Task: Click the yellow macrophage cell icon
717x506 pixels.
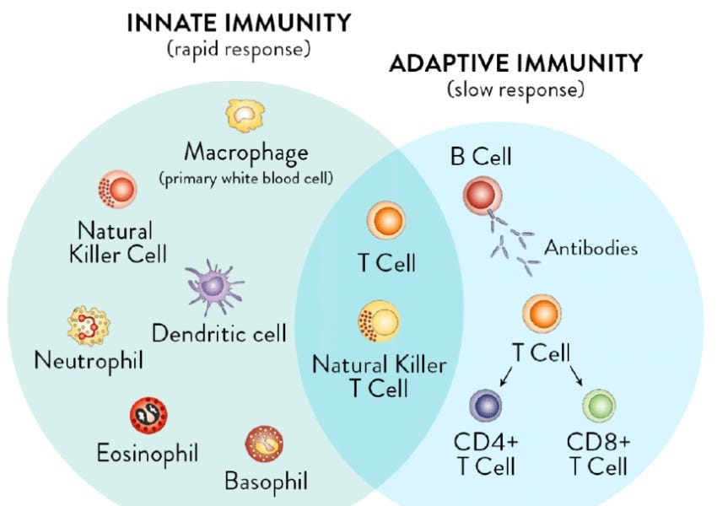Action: pyautogui.click(x=245, y=115)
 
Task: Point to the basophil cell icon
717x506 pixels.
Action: pyautogui.click(x=264, y=444)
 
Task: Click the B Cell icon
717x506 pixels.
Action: pyautogui.click(x=482, y=196)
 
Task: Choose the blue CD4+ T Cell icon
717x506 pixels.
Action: pyautogui.click(x=485, y=407)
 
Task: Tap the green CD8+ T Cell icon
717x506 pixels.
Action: pyautogui.click(x=600, y=407)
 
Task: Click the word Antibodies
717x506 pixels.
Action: pyautogui.click(x=590, y=248)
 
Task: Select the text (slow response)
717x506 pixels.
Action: pyautogui.click(x=515, y=89)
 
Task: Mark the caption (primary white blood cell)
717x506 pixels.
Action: pyautogui.click(x=246, y=179)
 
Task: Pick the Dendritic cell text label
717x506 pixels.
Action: pyautogui.click(x=219, y=332)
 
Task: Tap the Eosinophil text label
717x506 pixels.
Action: pyautogui.click(x=147, y=454)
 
